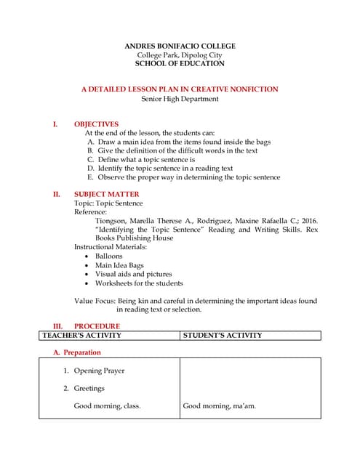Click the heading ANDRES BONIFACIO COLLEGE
tap(180, 46)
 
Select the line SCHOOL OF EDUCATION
tap(180, 64)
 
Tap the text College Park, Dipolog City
tap(180, 55)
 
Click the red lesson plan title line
tap(180, 89)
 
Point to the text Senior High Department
tap(180, 99)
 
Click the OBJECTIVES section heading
tap(96, 124)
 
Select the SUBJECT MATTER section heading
tap(106, 195)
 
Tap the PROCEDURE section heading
tap(97, 326)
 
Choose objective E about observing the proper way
tap(183, 177)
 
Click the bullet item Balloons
tap(108, 256)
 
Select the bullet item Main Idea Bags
tap(119, 266)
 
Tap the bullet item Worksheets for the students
tap(139, 283)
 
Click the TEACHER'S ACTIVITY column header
tap(81, 336)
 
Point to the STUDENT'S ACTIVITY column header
tap(222, 336)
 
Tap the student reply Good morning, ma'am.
tap(219, 406)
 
